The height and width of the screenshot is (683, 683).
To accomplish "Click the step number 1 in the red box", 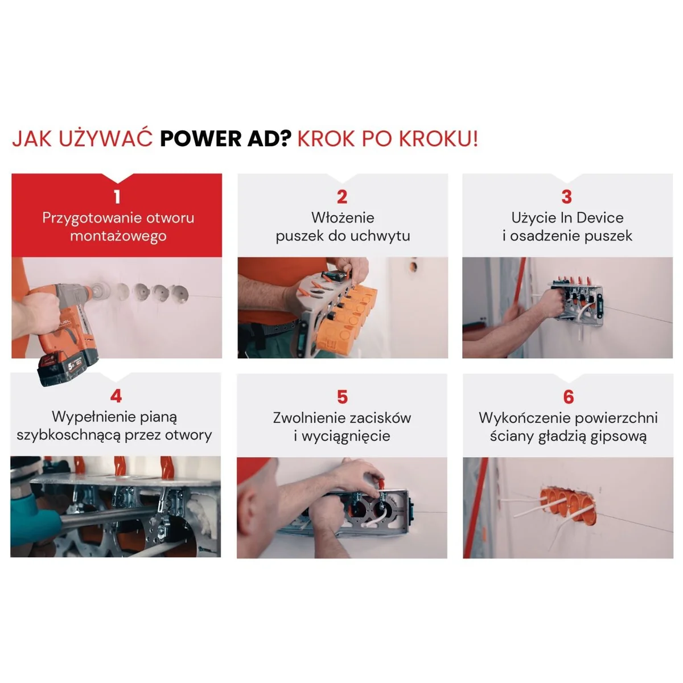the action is pos(117,197).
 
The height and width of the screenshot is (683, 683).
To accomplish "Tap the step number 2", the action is pos(342,197).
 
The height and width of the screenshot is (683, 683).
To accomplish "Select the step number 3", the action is pos(567,197).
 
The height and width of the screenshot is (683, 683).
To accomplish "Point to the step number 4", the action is pos(116,396).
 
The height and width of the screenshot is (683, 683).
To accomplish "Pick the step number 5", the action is pos(342,397).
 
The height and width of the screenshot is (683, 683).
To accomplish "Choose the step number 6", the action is pos(568,397).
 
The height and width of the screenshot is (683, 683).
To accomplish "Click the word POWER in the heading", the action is pos(201,138).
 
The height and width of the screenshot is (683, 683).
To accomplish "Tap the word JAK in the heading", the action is pos(32,138).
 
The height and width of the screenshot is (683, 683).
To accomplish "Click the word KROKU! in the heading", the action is pos(439,138).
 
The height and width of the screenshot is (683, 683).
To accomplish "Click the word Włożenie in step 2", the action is pos(343,217).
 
